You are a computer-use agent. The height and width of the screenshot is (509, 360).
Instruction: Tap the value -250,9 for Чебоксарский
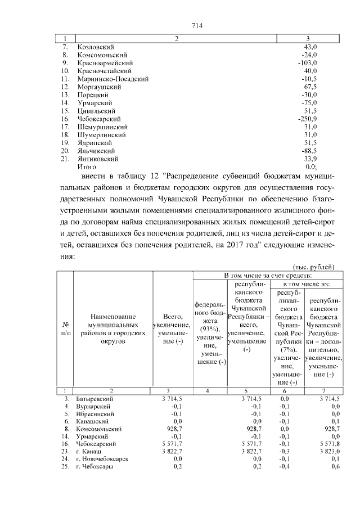pyautogui.click(x=308, y=119)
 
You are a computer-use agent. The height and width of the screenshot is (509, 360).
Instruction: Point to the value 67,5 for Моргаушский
pyautogui.click(x=310, y=87)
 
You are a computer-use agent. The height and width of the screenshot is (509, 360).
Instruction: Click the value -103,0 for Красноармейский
pyautogui.click(x=308, y=63)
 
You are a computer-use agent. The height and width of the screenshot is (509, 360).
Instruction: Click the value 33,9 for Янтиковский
pyautogui.click(x=310, y=159)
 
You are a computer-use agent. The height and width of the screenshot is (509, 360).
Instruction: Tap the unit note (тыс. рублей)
pyautogui.click(x=314, y=266)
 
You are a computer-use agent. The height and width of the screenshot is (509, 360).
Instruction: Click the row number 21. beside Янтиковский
pyautogui.click(x=65, y=159)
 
